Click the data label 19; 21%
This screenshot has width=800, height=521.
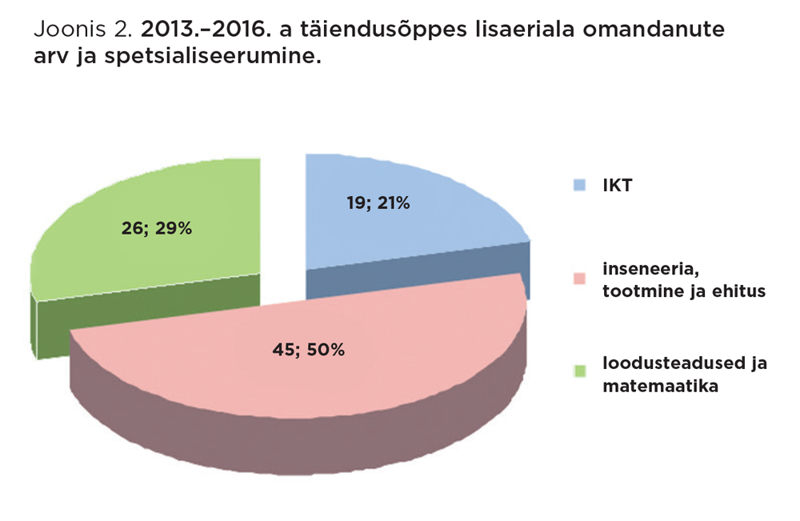tap(378, 203)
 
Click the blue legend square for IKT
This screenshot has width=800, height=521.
tap(580, 186)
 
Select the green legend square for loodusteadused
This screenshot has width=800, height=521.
tap(580, 370)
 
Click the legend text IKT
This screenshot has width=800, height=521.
tap(618, 186)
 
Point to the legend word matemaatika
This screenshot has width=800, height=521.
tap(650, 386)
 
